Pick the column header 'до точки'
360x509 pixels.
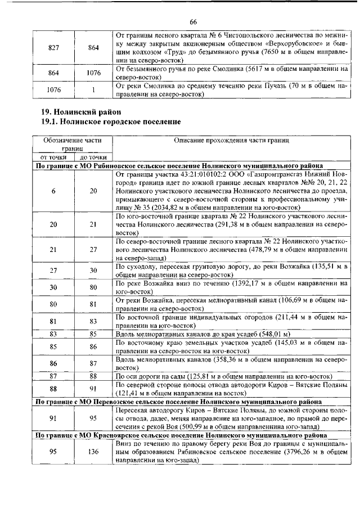point(93,157)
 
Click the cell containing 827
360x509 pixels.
point(54,48)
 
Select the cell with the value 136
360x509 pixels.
point(93,452)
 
